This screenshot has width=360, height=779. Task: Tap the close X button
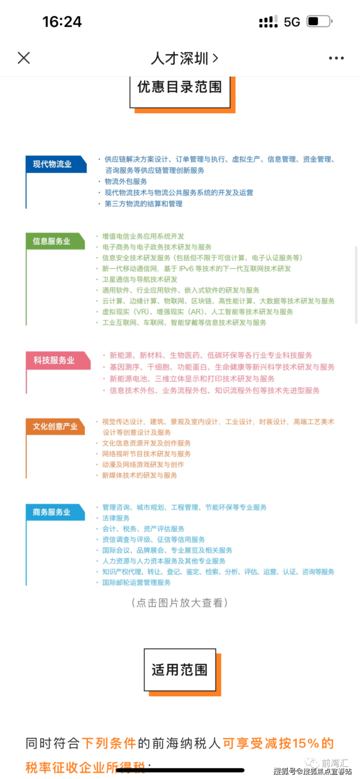coord(23,58)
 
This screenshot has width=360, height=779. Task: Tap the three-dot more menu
coord(336,58)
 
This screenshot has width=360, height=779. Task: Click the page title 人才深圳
coord(180,58)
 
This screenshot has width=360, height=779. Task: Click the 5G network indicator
coord(292,22)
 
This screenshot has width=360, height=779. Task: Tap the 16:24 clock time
coord(62,21)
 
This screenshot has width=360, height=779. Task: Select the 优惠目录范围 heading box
coord(180,88)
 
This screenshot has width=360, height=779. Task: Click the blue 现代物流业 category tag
coord(53,164)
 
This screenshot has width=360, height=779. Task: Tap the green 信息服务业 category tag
coord(52,241)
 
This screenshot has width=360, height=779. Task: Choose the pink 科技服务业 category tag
coord(54,360)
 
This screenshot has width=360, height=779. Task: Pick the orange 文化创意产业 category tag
coord(55,427)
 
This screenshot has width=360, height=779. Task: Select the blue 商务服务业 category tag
coord(52,512)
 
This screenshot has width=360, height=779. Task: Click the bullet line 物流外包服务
coord(126,181)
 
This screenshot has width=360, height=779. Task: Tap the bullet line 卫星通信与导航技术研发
coord(140,279)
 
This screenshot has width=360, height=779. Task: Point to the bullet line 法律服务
coord(116,518)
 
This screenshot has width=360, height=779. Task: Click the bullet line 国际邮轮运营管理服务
coord(136,582)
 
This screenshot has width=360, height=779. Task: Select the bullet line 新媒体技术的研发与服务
coord(139,475)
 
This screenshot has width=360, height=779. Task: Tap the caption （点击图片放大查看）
coord(180,603)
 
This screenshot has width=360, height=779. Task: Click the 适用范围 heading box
coord(180,670)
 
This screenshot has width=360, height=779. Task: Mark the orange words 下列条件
coord(109,743)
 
